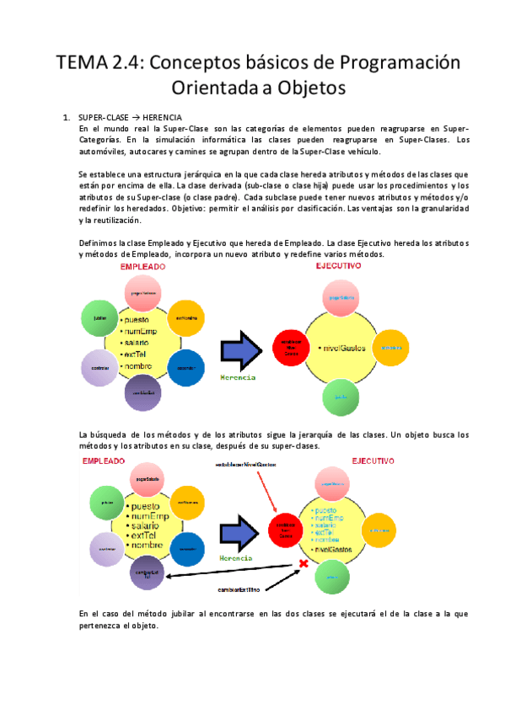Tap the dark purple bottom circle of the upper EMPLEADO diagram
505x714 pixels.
pos(144,393)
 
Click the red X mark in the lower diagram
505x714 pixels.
pos(301,563)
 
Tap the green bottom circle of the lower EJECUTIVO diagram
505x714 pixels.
pos(332,578)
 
